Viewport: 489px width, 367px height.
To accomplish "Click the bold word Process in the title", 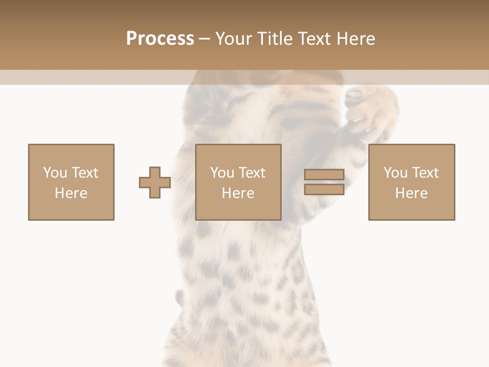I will click(160, 39).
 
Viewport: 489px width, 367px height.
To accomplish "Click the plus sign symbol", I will click(155, 182).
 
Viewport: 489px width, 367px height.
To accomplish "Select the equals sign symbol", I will click(324, 182).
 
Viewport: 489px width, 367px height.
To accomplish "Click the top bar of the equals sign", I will click(324, 175).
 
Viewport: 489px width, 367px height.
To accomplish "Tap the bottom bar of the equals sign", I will click(324, 189).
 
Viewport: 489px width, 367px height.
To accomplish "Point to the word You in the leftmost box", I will click(55, 173).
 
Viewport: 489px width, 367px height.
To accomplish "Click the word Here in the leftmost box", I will click(71, 193).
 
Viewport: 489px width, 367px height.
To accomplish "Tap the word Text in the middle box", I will click(252, 173).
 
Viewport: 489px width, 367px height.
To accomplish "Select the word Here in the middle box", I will click(238, 193).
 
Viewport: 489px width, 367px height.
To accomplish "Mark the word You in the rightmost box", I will click(395, 173).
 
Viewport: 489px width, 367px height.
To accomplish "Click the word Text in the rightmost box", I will click(425, 173).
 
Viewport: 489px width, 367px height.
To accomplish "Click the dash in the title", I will click(205, 39).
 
